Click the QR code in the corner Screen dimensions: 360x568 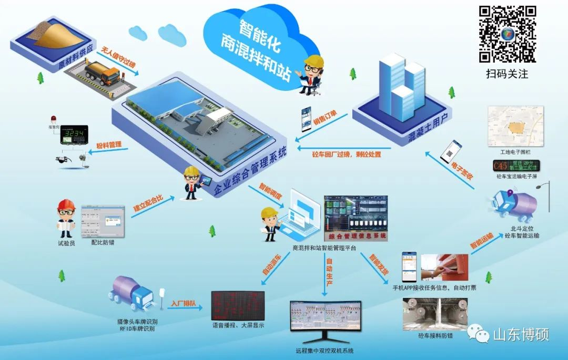pos(507,34)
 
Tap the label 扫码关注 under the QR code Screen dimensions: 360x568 pos(507,74)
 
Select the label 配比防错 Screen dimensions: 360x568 pos(103,243)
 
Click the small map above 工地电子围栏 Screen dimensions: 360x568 pos(515,126)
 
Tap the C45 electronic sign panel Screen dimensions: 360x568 pos(515,167)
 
